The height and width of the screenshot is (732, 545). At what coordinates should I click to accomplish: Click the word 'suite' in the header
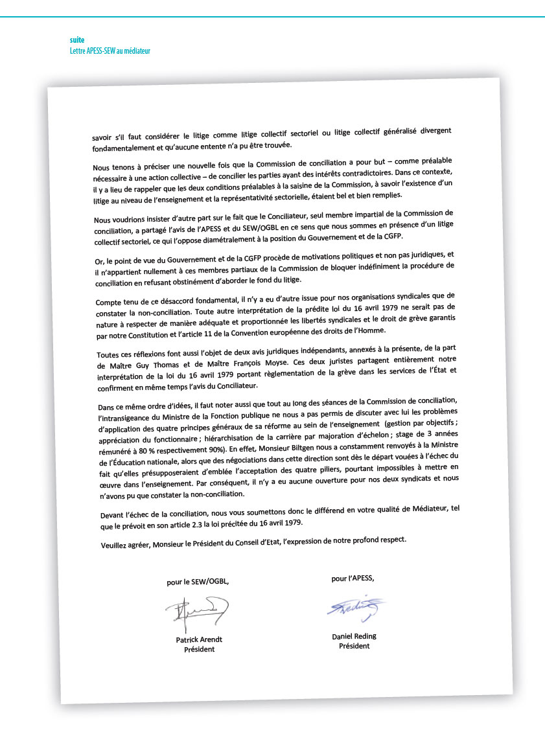click(77, 40)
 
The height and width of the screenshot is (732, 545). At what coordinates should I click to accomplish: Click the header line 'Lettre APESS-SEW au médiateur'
click(110, 51)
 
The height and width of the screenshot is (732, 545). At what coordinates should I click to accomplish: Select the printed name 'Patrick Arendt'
click(199, 639)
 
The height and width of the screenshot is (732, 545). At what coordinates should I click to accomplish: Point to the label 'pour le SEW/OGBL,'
click(198, 582)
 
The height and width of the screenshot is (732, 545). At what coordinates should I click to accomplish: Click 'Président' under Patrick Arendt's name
click(199, 649)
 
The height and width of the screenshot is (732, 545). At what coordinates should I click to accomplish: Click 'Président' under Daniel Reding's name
click(354, 646)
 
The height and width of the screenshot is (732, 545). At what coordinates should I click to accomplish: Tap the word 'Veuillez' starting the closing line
click(115, 545)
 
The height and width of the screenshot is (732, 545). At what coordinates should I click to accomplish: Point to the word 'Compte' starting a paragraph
click(111, 302)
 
